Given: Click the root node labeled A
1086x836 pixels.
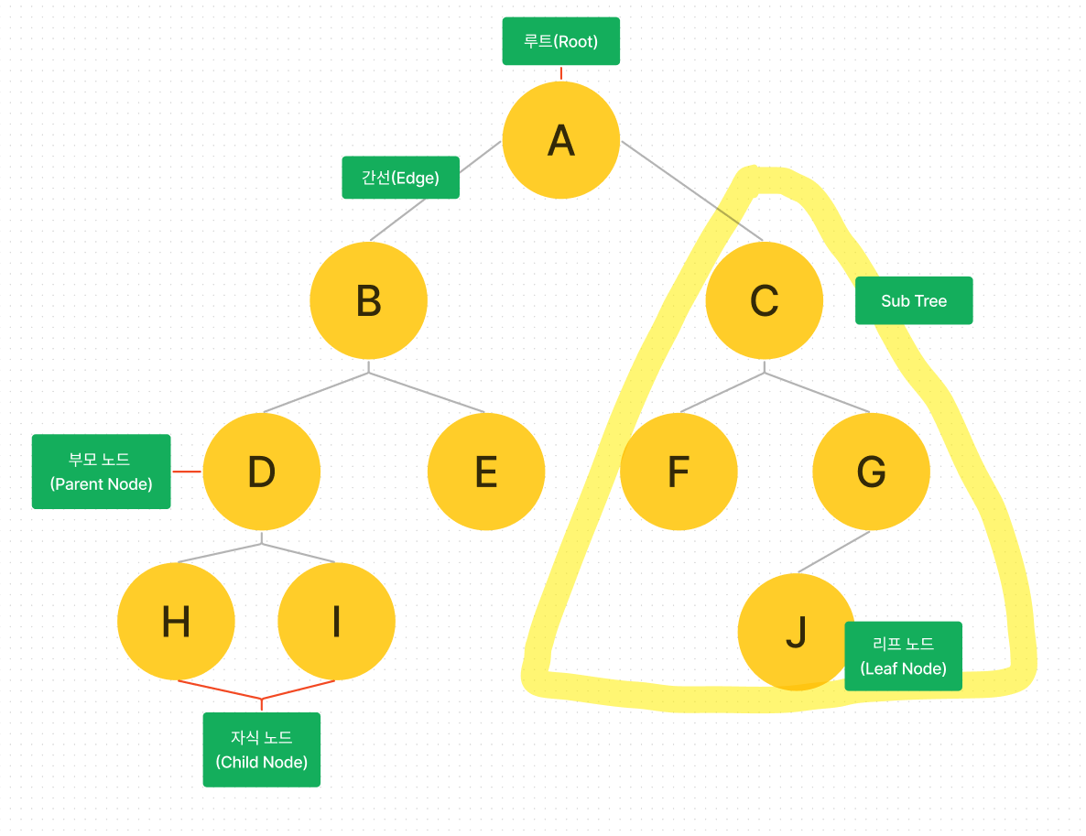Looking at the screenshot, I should (x=560, y=140).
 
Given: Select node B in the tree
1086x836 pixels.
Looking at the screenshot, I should (x=368, y=300).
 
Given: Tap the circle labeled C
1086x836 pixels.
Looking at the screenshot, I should (x=764, y=300).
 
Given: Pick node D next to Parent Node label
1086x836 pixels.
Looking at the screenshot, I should (x=261, y=472).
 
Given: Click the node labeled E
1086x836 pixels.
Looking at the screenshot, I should (x=485, y=472).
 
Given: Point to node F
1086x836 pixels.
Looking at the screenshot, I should (x=678, y=472).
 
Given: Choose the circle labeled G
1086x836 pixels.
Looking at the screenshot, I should (x=871, y=472).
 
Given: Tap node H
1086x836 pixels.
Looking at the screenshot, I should (x=176, y=622).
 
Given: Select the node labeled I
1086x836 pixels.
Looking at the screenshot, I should (x=336, y=622).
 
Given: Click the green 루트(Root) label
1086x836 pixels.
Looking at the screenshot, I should (x=560, y=41).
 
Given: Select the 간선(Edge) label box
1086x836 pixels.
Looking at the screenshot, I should (x=400, y=178).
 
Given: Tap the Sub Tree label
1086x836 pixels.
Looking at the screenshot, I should (x=913, y=300).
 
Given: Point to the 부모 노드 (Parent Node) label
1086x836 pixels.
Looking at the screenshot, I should (x=101, y=472).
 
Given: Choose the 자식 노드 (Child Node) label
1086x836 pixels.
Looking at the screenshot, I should (x=261, y=749).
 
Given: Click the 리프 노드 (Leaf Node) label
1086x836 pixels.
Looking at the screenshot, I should (x=903, y=656).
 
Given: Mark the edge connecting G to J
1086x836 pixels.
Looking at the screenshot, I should (x=833, y=552).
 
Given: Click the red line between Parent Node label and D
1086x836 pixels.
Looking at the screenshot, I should (x=186, y=472).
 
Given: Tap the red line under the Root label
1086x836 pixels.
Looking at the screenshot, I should (x=560, y=72).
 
